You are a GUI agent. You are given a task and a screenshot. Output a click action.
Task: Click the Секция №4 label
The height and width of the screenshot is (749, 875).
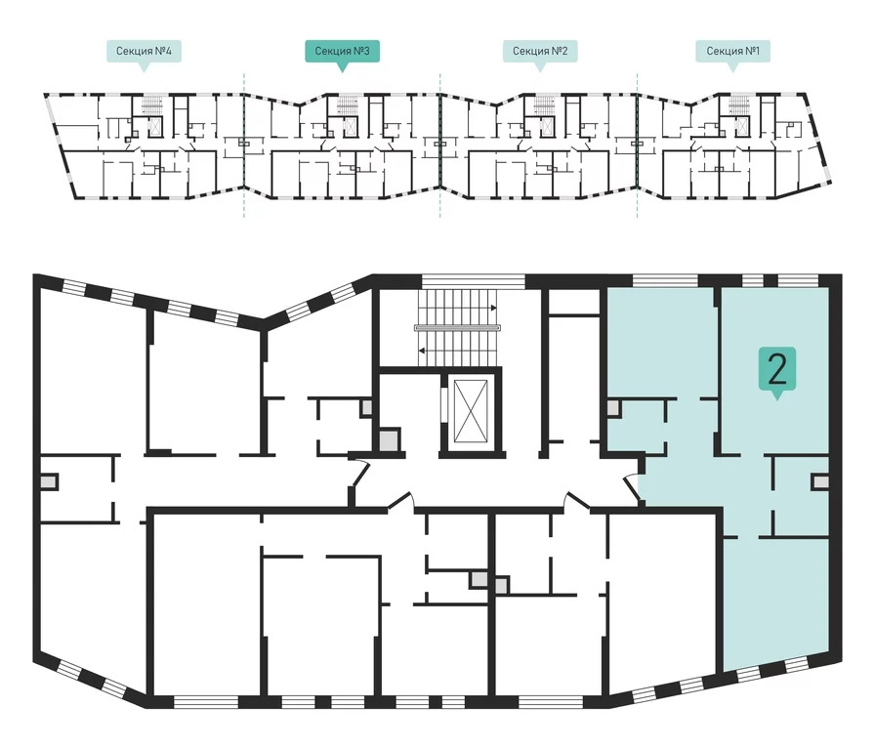144,52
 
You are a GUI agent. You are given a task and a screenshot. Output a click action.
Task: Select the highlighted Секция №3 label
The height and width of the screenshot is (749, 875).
342,52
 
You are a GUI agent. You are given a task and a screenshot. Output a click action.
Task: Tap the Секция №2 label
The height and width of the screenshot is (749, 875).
540,52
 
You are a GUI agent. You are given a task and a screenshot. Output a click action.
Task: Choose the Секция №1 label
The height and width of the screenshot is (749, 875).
732,52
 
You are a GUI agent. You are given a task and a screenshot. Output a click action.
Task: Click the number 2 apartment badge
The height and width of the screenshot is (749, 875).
776,368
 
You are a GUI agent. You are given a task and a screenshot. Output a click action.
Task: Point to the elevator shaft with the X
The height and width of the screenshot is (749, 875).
471,410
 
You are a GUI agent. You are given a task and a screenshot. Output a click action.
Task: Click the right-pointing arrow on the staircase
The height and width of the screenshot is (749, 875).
493,308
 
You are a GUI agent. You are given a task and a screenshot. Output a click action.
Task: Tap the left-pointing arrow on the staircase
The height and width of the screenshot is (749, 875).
422,351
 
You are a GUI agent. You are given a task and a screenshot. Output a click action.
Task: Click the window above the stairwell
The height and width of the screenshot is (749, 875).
474,280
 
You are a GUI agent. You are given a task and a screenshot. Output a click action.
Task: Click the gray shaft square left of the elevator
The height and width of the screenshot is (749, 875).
389,439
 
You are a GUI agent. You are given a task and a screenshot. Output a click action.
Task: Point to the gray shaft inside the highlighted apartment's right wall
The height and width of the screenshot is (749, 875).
820,481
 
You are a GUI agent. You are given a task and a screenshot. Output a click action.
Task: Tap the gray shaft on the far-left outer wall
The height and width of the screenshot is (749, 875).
49,481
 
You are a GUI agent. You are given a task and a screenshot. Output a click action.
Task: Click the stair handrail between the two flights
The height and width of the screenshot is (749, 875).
457,328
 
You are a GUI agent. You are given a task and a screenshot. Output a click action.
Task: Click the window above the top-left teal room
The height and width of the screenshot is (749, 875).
665,280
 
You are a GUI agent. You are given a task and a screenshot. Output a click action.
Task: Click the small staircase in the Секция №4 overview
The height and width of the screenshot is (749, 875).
151,104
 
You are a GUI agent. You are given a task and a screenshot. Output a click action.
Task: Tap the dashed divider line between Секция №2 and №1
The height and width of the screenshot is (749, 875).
638,145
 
